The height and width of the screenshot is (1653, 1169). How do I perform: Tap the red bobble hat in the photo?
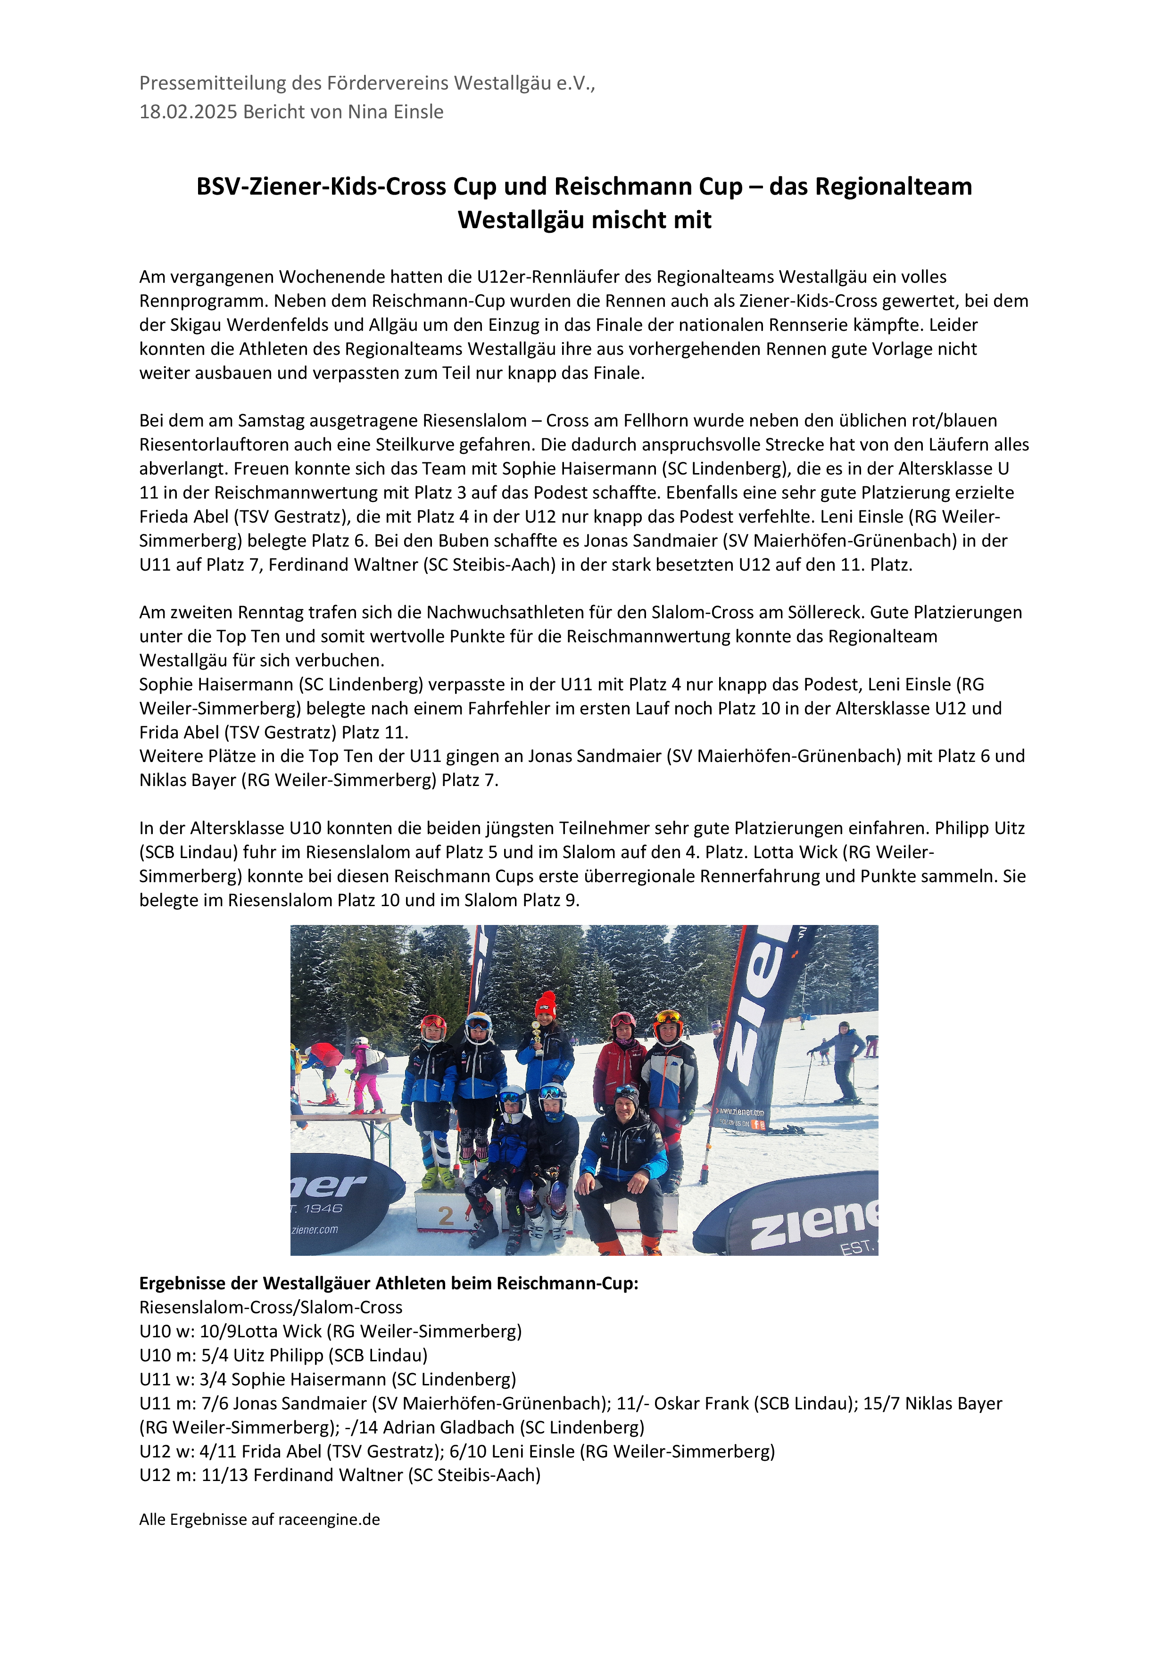coord(545,1003)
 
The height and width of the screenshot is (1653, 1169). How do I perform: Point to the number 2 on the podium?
coord(446,1216)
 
